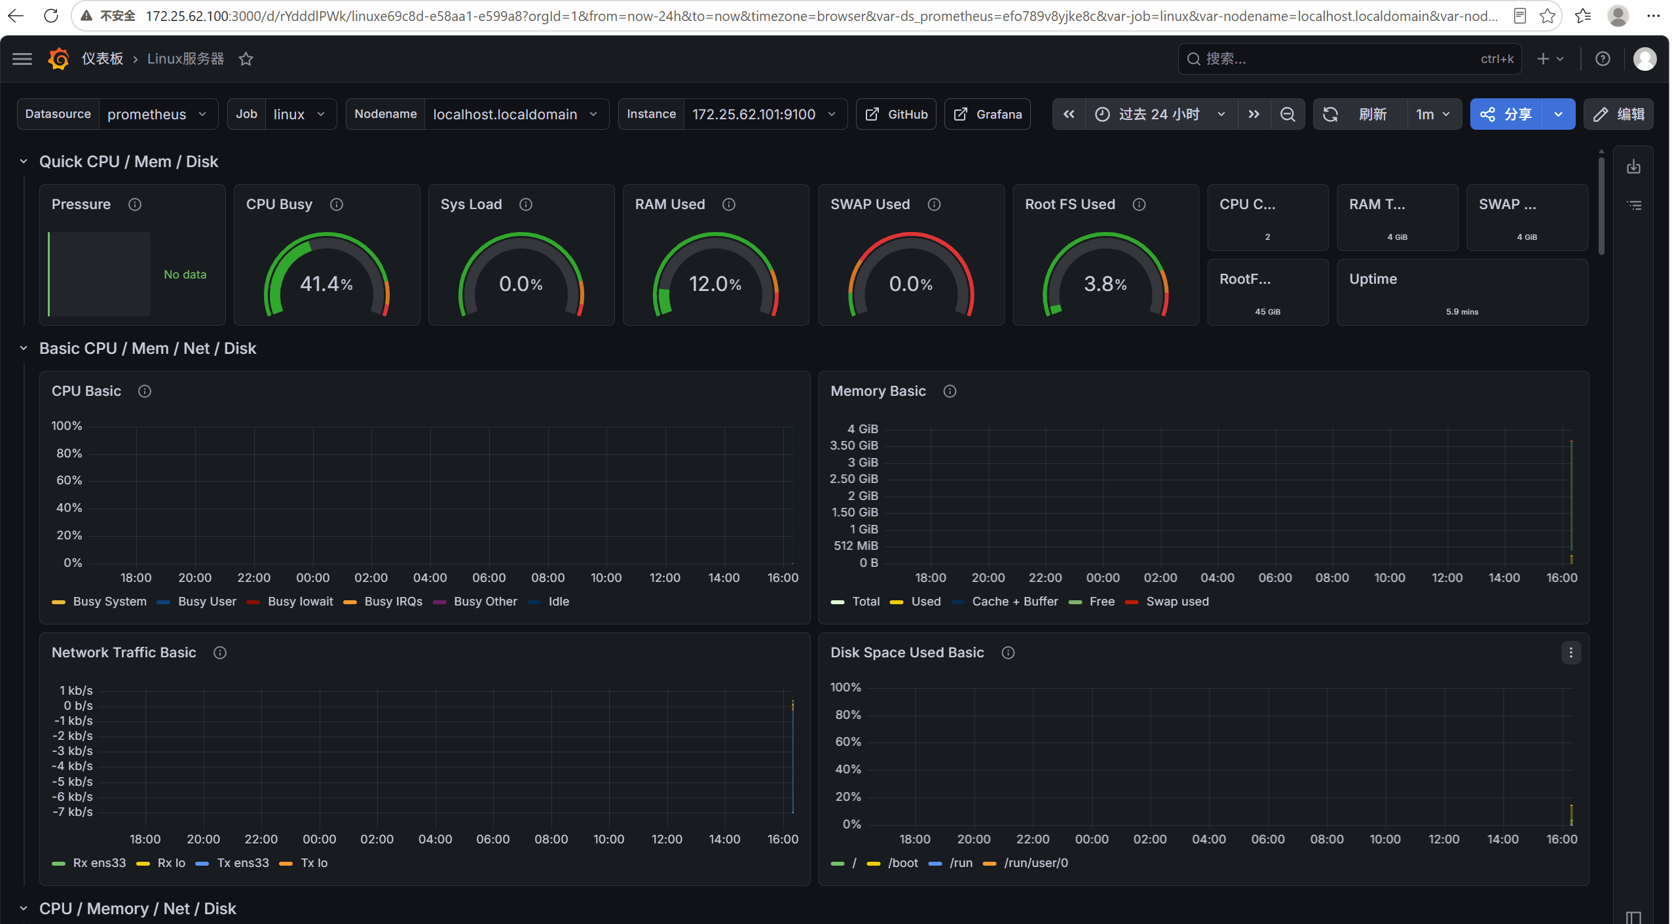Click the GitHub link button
896,114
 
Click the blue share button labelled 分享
1506,114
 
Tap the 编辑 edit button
1618,114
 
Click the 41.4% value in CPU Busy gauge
326,284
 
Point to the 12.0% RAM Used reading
715,284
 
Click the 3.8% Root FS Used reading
1105,284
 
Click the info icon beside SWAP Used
935,204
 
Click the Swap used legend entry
1167,602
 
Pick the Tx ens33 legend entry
232,863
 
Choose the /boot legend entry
893,863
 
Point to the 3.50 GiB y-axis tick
854,446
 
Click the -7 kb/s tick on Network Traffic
73,812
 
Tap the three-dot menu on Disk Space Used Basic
1570,653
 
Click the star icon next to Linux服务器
246,59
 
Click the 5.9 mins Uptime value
1462,312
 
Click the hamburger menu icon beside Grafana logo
22,59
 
